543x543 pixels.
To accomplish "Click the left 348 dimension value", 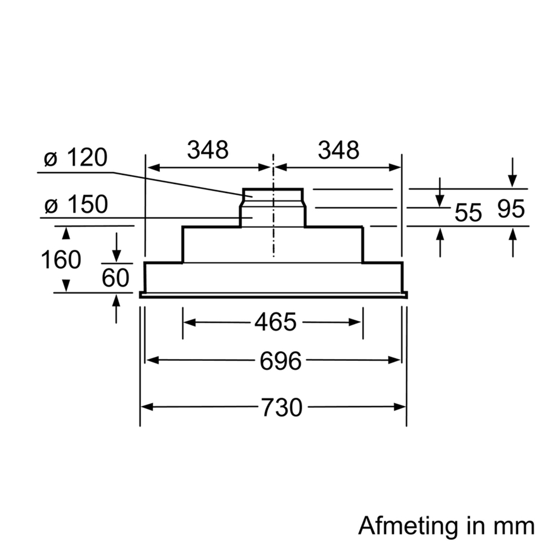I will point(208,150).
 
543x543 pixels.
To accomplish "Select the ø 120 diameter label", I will point(75,158).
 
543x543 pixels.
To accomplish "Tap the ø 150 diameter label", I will point(75,205).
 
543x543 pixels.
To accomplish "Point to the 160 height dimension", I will point(60,259).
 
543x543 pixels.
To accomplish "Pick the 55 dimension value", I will point(468,212).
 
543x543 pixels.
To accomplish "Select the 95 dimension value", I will point(511,209).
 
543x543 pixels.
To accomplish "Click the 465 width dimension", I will point(275,322).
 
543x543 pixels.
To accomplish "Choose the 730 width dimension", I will point(281,407).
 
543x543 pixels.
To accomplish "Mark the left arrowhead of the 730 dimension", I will point(147,407).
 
